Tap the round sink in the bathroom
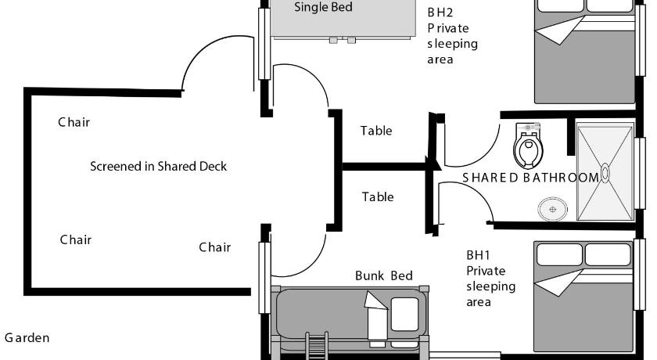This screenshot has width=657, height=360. [552, 208]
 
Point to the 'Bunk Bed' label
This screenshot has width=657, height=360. [383, 275]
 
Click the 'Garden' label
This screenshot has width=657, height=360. [27, 338]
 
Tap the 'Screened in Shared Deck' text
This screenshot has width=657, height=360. [158, 166]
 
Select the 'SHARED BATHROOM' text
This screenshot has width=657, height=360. [530, 178]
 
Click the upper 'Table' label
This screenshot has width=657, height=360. [376, 131]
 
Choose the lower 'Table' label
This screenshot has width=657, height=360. [378, 197]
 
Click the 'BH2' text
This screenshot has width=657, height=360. [440, 12]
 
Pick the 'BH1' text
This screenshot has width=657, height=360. [478, 255]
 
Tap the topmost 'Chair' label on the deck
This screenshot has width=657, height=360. [74, 122]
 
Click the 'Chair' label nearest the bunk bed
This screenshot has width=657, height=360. [214, 247]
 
